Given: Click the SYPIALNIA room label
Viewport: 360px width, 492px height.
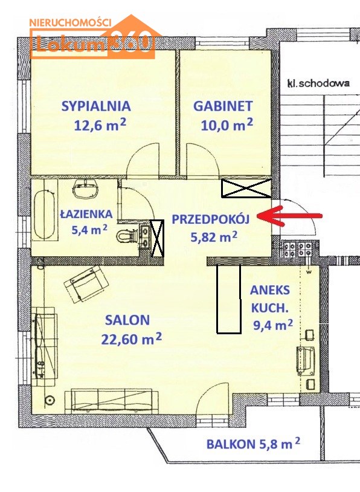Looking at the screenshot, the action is [96, 106].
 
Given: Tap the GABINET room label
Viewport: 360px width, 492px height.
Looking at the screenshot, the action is [223, 106].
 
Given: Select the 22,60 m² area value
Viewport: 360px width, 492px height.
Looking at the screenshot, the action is [132, 339].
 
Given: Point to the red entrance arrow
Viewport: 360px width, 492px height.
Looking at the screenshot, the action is [289, 216].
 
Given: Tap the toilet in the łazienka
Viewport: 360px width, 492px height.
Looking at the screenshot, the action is [126, 236].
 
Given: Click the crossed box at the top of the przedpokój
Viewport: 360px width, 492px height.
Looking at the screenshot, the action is [246, 188].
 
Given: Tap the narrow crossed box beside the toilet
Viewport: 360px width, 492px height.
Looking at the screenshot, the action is [157, 238].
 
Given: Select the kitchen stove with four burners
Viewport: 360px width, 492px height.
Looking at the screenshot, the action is [297, 250].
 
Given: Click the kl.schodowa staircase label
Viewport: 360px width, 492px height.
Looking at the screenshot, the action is [318, 83].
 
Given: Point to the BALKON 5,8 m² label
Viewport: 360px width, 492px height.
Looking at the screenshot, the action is [253, 444].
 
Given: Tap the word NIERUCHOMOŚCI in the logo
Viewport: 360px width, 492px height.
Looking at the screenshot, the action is [71, 22].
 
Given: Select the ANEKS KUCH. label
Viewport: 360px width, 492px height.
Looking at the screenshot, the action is [269, 299].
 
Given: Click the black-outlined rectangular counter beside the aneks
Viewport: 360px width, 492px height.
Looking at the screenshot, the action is [228, 299].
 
